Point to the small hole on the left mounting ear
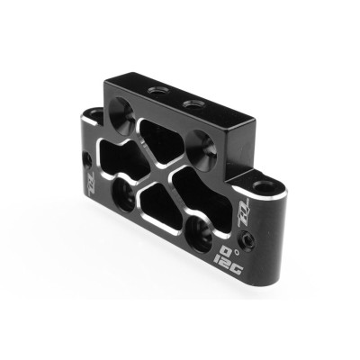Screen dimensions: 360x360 click(87, 161)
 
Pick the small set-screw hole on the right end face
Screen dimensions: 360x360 click(259, 241)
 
